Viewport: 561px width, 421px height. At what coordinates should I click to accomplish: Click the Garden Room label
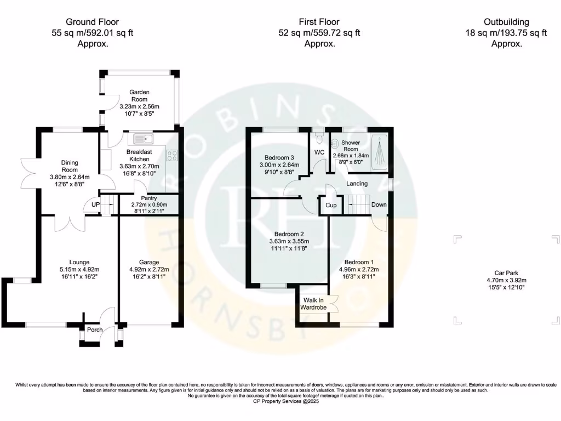click(x=139, y=96)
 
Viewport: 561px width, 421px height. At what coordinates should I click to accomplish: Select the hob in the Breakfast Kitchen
click(x=172, y=155)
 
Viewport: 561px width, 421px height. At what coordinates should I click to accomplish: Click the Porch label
click(x=95, y=330)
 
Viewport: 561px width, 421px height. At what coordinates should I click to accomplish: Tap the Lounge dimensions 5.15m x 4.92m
click(x=79, y=269)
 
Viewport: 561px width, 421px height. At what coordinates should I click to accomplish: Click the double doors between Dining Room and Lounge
click(x=70, y=222)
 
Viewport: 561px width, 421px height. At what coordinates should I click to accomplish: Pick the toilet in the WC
click(x=320, y=140)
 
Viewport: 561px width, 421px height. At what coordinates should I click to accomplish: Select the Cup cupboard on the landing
click(x=331, y=205)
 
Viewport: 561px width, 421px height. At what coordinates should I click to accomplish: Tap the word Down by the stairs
click(x=379, y=204)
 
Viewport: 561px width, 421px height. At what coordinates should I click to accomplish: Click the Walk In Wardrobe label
click(x=313, y=304)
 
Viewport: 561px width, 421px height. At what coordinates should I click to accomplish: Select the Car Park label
click(x=505, y=272)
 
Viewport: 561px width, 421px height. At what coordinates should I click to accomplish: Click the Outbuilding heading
click(x=506, y=22)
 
